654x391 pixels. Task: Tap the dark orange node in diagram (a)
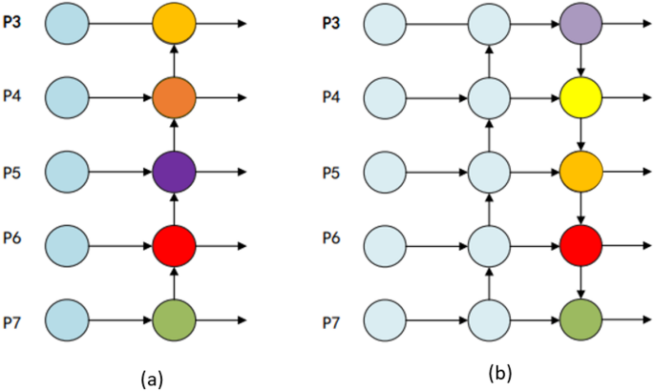(x=175, y=96)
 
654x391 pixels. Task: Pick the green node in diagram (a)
(x=175, y=319)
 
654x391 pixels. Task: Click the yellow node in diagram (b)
(x=580, y=96)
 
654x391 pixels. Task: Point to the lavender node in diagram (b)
(x=580, y=22)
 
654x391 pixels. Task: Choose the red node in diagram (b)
(x=580, y=245)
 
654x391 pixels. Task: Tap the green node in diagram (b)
(x=580, y=319)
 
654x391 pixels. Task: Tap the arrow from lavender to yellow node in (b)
(x=580, y=59)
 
